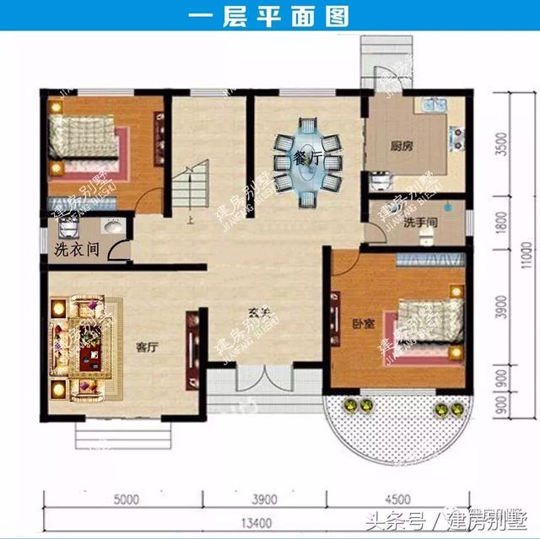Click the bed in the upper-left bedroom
coord(84,142)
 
